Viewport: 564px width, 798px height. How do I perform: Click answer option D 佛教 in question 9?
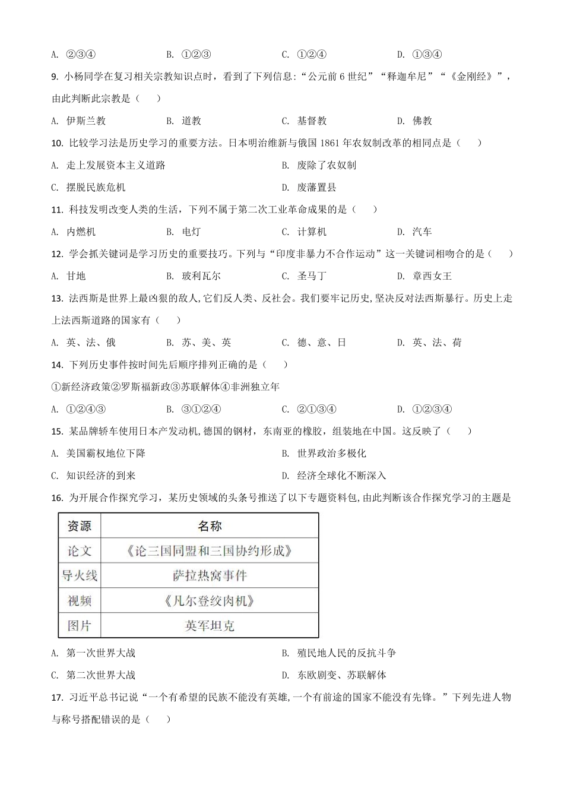pos(421,121)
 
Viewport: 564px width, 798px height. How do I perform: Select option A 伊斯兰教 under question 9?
pos(85,121)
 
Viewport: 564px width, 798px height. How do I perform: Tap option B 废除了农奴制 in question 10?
pos(326,166)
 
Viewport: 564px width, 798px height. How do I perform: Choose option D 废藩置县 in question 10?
pos(316,188)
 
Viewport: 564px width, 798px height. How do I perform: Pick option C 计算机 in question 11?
pos(311,232)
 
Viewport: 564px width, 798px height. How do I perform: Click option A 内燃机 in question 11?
pos(80,232)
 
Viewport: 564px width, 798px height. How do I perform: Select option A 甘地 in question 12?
pos(75,276)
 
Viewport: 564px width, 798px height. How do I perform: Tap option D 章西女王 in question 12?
pos(431,276)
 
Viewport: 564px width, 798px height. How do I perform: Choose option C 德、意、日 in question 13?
pos(321,343)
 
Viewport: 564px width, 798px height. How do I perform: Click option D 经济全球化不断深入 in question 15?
pos(341,476)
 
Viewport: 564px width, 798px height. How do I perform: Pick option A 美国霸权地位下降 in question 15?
pos(105,454)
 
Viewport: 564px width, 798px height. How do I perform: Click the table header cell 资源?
pos(80,526)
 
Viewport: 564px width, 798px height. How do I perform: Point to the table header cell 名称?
pos(210,526)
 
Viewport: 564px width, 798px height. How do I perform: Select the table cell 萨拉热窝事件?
pos(210,576)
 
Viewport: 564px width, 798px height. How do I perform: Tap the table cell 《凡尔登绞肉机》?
pos(210,601)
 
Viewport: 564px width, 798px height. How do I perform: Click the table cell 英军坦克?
pos(210,626)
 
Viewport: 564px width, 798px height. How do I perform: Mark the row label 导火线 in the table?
pos(80,576)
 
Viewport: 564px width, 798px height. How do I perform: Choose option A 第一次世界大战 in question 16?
pos(100,653)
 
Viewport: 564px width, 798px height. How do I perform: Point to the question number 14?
pos(58,365)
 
